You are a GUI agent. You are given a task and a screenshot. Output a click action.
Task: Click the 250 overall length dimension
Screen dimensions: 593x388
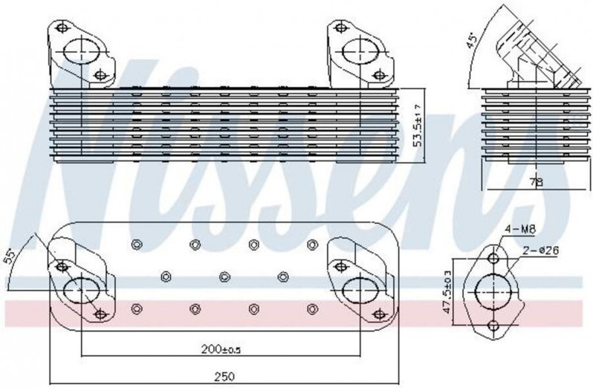click(x=224, y=377)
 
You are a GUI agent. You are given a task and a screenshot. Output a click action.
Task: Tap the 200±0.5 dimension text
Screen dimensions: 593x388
click(x=221, y=350)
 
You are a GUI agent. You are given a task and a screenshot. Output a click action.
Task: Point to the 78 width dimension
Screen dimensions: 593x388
click(x=536, y=182)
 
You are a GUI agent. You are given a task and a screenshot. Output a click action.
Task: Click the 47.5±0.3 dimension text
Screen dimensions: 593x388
click(x=447, y=291)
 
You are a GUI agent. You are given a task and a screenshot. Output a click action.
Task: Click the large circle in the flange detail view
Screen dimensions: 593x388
click(x=493, y=292)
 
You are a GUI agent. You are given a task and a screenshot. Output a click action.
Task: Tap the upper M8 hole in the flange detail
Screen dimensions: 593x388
click(x=493, y=259)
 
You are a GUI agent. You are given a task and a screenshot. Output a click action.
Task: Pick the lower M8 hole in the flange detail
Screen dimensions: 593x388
click(x=493, y=326)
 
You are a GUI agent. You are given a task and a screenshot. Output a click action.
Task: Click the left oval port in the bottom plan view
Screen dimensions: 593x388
click(x=82, y=291)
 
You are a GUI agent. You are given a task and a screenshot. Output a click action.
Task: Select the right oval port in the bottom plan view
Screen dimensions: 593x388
click(x=360, y=291)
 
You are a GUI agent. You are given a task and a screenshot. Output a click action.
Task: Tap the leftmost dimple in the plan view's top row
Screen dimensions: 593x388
click(x=137, y=245)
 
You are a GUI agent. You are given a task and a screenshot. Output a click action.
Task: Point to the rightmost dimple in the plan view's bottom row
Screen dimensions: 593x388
click(x=312, y=309)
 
